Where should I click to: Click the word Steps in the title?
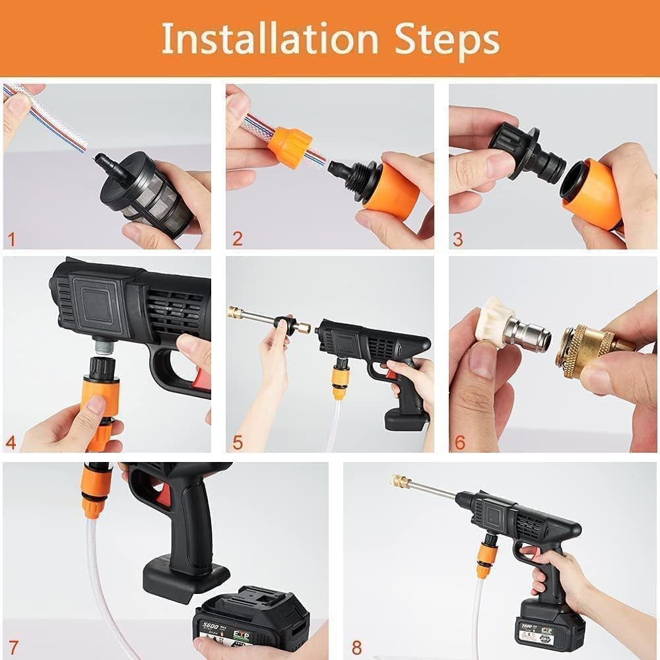tap(447, 40)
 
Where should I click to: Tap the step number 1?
tap(12, 238)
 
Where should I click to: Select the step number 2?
tap(236, 238)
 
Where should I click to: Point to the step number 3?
tap(458, 238)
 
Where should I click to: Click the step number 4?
tap(12, 441)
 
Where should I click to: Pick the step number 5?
tap(236, 442)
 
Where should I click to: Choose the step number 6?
tap(459, 442)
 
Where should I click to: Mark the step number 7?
tap(13, 645)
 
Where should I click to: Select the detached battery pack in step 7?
tap(251, 620)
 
